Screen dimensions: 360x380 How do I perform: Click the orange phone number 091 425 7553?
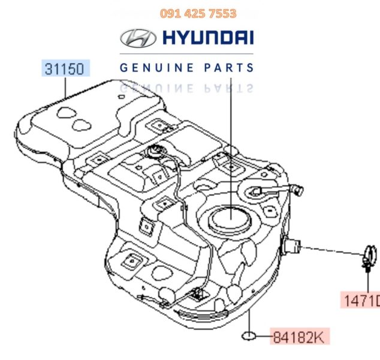[198, 13]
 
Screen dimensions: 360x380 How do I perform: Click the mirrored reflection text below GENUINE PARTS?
[186, 88]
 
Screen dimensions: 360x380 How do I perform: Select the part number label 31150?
[65, 67]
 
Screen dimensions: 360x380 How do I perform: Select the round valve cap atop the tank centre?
[159, 152]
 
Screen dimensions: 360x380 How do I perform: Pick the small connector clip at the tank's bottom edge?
[195, 294]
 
